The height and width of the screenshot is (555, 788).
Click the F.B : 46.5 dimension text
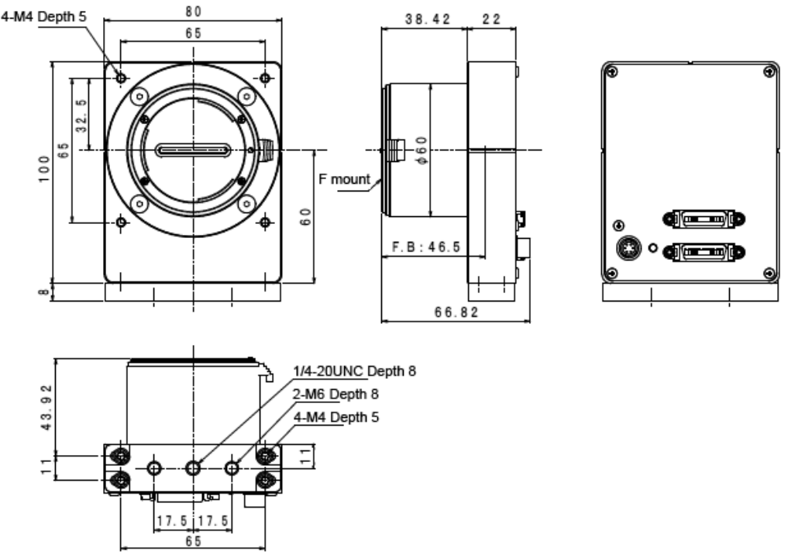(x=425, y=246)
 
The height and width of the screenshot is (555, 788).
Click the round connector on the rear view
(x=626, y=250)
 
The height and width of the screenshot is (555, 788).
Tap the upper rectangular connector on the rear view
(x=703, y=220)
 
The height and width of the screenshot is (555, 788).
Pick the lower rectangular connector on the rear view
(x=703, y=253)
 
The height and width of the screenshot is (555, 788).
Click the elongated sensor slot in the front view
(x=193, y=150)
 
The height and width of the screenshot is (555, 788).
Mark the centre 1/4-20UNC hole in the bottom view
(x=193, y=467)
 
